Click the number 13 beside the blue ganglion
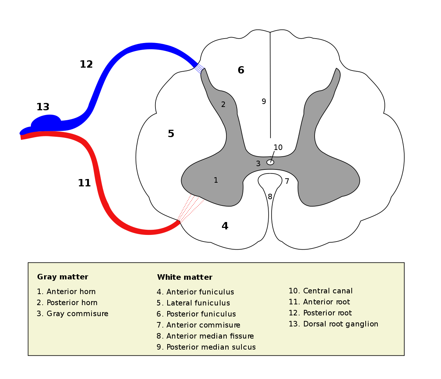click(43, 107)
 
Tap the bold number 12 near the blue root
click(86, 64)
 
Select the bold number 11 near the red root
click(84, 183)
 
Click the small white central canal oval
click(270, 162)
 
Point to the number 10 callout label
click(278, 147)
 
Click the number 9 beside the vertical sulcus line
click(263, 101)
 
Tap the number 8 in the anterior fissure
click(270, 197)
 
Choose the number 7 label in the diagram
click(287, 181)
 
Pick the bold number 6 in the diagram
click(241, 70)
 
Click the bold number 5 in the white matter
click(171, 134)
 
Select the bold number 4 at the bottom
click(225, 226)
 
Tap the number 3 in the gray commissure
click(258, 164)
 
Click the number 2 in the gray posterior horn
click(223, 104)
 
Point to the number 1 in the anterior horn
click(216, 180)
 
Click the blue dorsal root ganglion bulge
click(46, 122)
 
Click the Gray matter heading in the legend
click(62, 277)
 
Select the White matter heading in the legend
click(184, 277)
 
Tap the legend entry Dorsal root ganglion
click(333, 324)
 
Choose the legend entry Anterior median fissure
click(205, 336)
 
